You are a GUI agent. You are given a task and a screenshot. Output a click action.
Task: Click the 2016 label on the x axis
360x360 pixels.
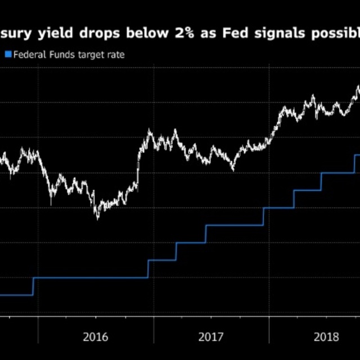point(96,337)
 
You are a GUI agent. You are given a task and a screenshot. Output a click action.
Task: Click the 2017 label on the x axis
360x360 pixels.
point(211,337)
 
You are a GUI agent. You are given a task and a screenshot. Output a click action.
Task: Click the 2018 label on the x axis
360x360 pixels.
point(326,337)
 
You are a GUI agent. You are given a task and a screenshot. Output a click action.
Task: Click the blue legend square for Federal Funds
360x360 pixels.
point(8,55)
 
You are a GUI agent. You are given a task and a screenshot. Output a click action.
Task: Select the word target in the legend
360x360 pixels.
point(90,55)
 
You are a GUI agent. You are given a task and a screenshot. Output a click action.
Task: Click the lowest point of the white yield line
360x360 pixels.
point(97,218)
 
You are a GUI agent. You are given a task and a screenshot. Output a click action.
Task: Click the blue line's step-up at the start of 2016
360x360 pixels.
point(33,286)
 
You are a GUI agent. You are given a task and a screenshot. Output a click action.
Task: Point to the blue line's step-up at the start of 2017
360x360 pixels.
point(148,269)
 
